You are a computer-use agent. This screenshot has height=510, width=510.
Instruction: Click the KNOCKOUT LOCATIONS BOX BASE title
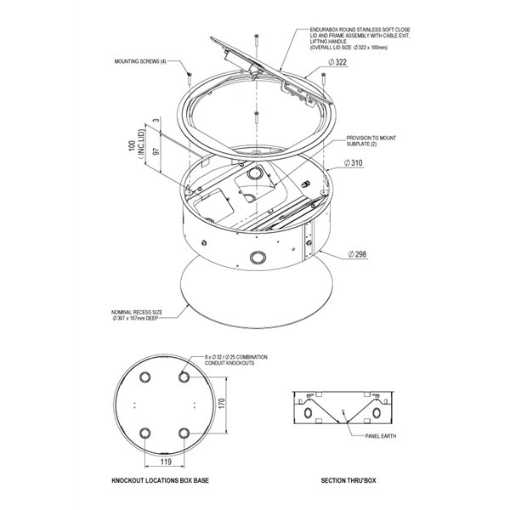pyautogui.click(x=161, y=481)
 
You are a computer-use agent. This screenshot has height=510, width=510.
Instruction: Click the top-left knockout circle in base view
pyautogui.click(x=144, y=375)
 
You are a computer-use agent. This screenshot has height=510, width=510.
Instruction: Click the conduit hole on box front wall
pyautogui.click(x=256, y=257)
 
